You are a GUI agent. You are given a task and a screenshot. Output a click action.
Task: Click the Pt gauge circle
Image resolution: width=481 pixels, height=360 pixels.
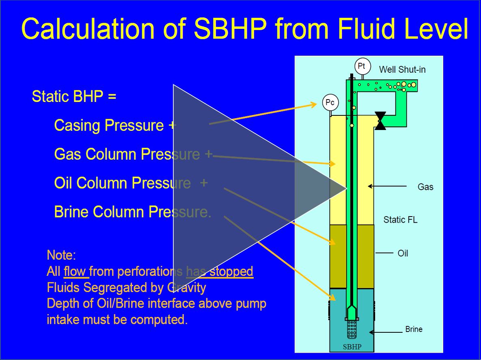[x=360, y=66]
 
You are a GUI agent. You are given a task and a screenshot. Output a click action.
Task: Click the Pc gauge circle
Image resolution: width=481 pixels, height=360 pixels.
[x=330, y=103]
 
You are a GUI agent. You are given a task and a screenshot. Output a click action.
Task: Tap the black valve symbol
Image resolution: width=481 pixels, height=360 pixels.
[x=380, y=121]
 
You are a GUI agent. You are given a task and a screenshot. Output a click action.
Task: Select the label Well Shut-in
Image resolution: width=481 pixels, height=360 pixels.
[x=402, y=69]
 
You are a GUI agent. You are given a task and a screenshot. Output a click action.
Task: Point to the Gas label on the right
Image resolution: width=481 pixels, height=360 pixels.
[x=425, y=187]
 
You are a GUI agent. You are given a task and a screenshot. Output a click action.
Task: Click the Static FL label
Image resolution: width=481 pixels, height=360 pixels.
[x=400, y=220]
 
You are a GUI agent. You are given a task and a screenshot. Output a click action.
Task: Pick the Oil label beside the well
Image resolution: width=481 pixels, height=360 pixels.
[x=403, y=254]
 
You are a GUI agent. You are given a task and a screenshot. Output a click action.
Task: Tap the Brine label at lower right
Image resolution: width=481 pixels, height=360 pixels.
[x=414, y=329]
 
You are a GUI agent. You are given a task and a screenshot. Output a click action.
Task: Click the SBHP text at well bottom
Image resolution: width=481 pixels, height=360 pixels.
[x=352, y=347]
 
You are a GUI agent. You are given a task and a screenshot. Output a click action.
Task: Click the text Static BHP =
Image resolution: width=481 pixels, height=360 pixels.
[x=74, y=97]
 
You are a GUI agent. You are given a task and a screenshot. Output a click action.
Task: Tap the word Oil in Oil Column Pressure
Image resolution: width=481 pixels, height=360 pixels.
[x=63, y=183]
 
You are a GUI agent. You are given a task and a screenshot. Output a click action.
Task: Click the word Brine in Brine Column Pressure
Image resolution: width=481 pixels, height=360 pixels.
[x=71, y=212]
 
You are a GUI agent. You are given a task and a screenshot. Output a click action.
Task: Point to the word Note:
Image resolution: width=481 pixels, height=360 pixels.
[x=61, y=256]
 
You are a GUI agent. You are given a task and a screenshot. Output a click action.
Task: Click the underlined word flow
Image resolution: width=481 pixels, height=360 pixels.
[x=75, y=271]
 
